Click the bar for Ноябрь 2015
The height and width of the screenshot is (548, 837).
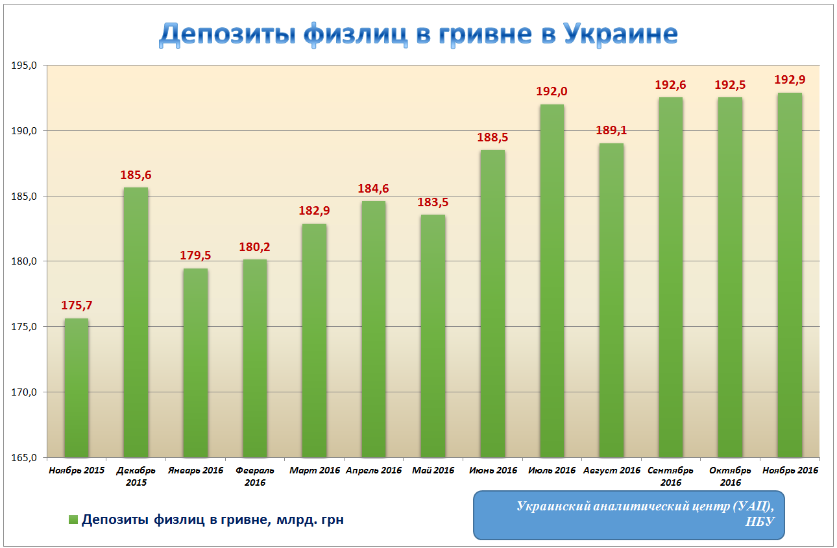[x=76, y=388]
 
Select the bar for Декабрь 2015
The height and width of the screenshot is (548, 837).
[x=136, y=322]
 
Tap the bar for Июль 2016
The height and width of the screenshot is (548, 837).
[x=552, y=281]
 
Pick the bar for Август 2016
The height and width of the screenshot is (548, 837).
[x=611, y=300]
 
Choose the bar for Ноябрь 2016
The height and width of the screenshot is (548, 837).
[x=790, y=275]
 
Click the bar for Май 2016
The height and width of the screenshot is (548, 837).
[x=433, y=336]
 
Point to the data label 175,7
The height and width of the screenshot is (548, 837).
[x=77, y=305]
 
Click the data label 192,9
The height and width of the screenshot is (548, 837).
[x=790, y=80]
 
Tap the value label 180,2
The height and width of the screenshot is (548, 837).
[x=255, y=246]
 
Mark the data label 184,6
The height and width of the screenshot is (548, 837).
[x=374, y=189]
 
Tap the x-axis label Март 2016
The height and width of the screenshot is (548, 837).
[x=314, y=470]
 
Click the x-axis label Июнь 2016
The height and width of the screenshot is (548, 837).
[x=493, y=470]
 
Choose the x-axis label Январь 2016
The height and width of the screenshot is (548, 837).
[x=195, y=470]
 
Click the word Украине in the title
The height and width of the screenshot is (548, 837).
[x=620, y=34]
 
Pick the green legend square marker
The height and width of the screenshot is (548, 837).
[x=73, y=520]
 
